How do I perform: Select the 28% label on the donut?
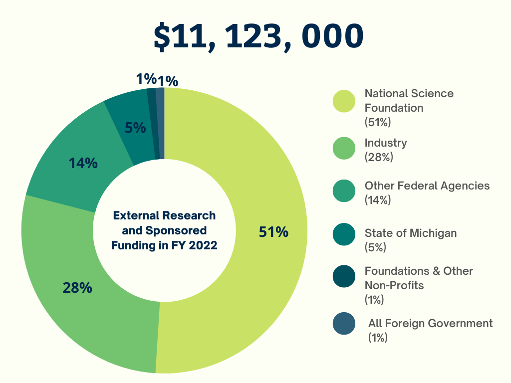coord(77,288)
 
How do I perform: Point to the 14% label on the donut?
coord(83,163)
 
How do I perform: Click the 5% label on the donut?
coord(135,128)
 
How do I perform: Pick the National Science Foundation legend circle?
coord(344,101)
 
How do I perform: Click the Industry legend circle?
coord(344,149)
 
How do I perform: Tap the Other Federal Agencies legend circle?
coord(344,191)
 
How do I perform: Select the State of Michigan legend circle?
coord(344,234)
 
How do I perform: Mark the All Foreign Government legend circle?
coord(344,323)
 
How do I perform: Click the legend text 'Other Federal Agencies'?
coord(427,186)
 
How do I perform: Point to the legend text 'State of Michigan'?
coord(410,233)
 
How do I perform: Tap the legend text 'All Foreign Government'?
coord(430,323)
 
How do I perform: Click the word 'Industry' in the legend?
coord(386,143)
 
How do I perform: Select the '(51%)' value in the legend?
coord(378,122)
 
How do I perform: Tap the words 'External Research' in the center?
coord(164,215)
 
